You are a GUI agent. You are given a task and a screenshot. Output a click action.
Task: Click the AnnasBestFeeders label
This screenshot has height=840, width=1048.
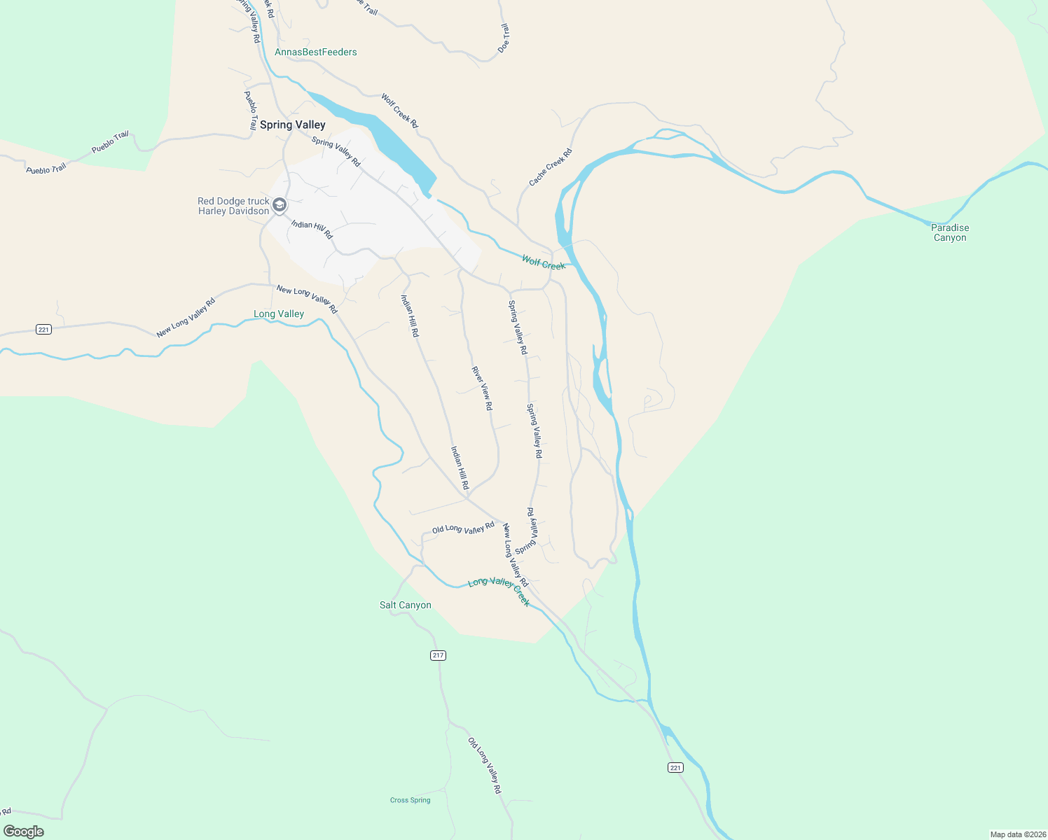point(315,52)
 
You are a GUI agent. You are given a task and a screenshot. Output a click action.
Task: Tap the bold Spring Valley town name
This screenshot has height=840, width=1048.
point(292,125)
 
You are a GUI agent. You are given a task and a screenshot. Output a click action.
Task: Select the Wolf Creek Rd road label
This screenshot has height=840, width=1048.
point(399,111)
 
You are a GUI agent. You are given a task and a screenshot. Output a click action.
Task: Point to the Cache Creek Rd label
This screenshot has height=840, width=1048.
point(550,167)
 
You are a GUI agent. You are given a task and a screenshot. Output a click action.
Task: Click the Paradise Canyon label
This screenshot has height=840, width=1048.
point(949,232)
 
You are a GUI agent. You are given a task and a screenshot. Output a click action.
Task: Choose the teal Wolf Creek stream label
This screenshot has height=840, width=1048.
point(543,262)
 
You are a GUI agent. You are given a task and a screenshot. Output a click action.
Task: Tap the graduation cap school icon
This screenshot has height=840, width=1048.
point(280,205)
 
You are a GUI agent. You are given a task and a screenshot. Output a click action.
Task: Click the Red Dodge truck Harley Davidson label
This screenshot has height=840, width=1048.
point(233,206)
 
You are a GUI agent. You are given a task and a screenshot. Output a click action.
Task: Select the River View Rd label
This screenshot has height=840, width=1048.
point(482,388)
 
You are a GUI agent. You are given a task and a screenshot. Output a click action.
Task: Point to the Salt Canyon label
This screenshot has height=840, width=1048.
point(405,605)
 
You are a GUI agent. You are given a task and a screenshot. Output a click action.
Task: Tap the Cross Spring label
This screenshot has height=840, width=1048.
point(410,800)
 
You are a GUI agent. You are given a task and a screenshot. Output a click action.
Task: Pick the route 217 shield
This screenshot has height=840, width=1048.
point(438,655)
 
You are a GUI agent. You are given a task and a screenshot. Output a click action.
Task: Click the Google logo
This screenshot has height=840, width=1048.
point(23,832)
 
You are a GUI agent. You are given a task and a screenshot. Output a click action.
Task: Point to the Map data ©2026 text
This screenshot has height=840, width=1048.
point(1017,834)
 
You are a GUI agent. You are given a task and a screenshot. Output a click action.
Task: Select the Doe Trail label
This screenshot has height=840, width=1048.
point(504,38)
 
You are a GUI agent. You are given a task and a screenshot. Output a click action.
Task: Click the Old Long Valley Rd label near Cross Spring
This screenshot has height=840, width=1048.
point(485,765)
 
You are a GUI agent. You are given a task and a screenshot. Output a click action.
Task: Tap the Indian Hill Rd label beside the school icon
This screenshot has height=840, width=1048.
point(312,230)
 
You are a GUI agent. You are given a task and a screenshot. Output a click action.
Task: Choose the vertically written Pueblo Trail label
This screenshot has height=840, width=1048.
point(251,111)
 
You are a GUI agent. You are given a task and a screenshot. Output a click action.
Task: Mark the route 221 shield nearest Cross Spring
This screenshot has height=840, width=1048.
point(675,768)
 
